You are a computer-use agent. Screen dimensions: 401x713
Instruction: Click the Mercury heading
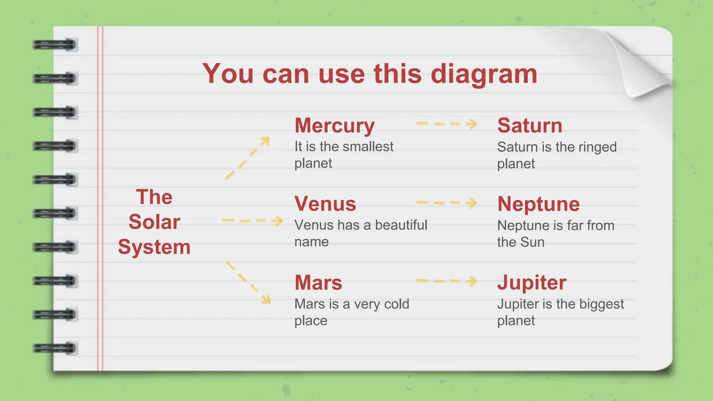(335, 126)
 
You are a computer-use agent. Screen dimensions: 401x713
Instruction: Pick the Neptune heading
(538, 204)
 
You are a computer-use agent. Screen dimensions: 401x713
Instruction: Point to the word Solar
(154, 222)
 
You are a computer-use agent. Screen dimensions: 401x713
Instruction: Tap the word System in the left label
(154, 247)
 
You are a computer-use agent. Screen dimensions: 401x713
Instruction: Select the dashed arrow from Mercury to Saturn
(446, 124)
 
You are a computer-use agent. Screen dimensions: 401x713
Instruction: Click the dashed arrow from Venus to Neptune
(446, 203)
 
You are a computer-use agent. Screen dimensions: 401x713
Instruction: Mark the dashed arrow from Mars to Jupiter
(446, 281)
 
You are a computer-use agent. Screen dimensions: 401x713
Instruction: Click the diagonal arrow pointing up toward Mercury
(248, 158)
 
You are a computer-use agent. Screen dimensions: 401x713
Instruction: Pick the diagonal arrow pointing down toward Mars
(248, 282)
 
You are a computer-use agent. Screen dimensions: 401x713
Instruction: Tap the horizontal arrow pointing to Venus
(252, 221)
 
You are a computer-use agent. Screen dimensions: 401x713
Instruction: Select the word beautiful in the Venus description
(401, 225)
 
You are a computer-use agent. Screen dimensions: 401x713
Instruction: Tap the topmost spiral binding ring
(55, 45)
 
